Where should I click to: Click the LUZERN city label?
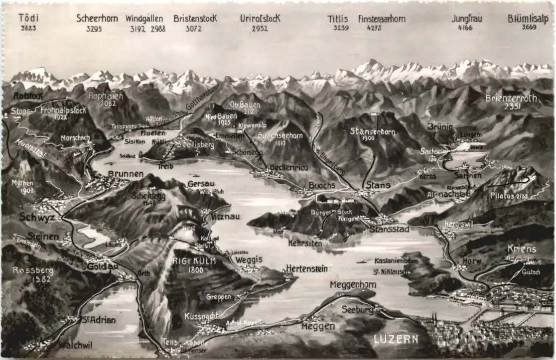click(x=396, y=339)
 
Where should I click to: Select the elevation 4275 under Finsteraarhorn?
click(x=374, y=28)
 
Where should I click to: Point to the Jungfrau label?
click(x=467, y=19)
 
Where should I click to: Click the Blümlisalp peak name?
click(x=527, y=19)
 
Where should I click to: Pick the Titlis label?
click(x=338, y=19)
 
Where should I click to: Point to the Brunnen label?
click(x=125, y=174)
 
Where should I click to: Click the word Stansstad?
click(x=389, y=229)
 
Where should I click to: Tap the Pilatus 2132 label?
click(x=509, y=196)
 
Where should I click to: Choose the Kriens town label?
click(x=522, y=249)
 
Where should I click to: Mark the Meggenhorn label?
click(x=353, y=285)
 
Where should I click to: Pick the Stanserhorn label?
click(x=373, y=132)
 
